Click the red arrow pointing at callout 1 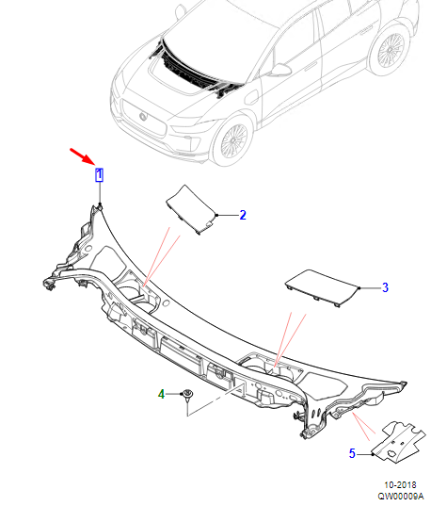(81, 156)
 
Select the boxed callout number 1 (100, 174)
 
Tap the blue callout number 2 (243, 215)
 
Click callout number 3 (385, 287)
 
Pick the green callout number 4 (161, 394)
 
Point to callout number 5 (352, 453)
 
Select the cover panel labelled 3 (322, 287)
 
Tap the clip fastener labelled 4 (187, 395)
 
